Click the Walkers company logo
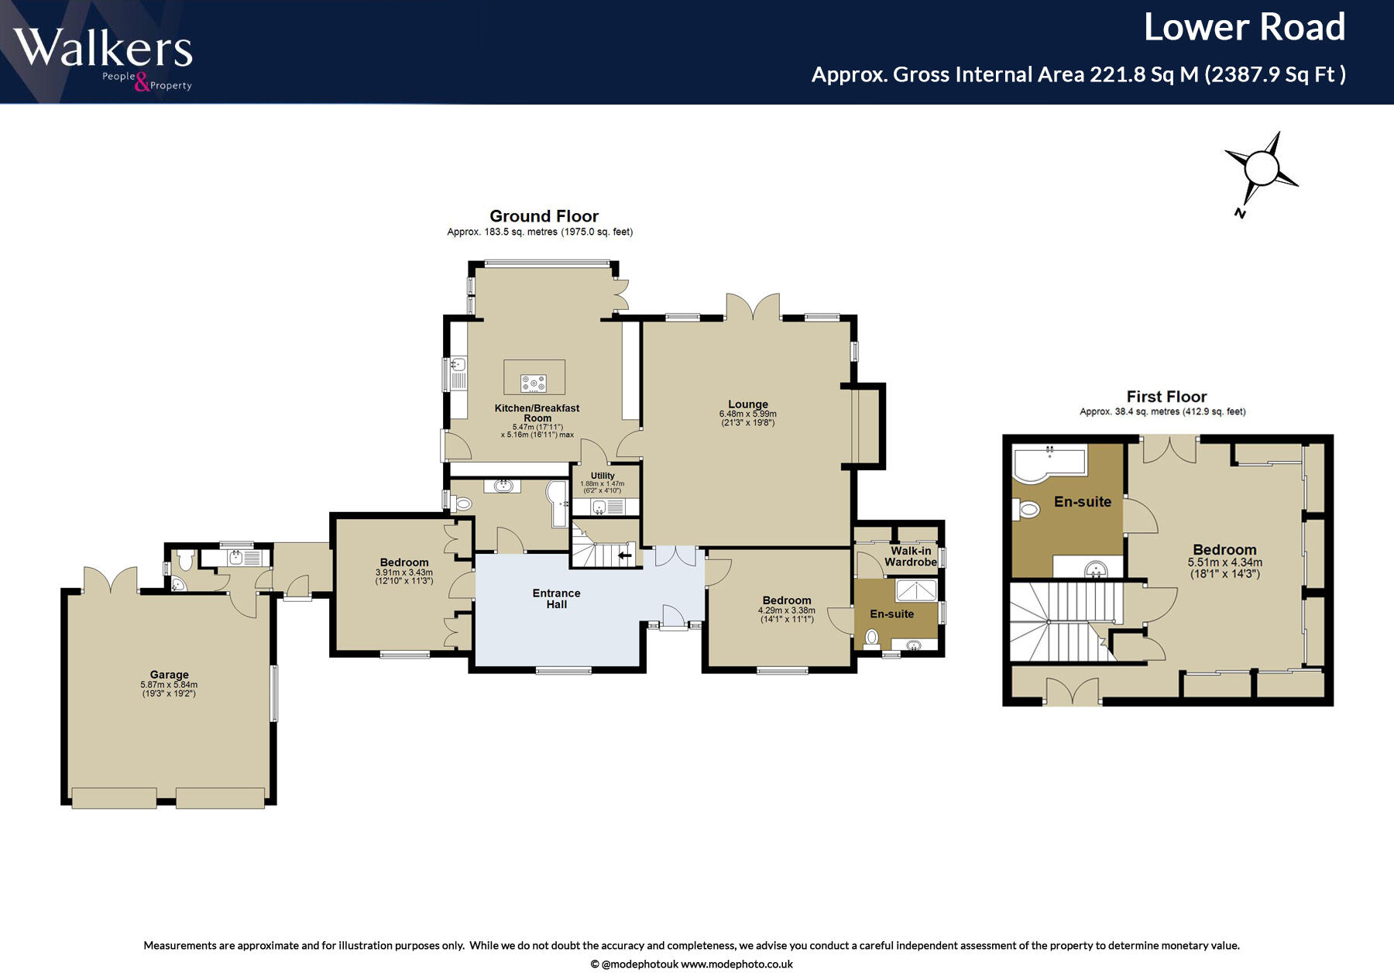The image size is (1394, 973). (103, 59)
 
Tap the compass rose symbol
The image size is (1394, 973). (1261, 169)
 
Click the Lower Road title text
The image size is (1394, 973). (1245, 27)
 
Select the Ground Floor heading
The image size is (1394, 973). (544, 216)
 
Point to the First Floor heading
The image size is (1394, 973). (1166, 397)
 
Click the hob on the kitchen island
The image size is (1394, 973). (534, 382)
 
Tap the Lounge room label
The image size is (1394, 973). (748, 404)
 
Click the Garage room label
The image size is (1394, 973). (169, 675)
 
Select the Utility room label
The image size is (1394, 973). (603, 476)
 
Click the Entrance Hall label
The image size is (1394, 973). (556, 599)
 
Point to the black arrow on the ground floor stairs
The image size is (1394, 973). (625, 555)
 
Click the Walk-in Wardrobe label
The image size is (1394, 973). (911, 556)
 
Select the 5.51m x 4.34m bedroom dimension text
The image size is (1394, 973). (1225, 562)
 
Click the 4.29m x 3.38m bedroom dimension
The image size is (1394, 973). (787, 610)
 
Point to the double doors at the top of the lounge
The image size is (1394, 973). (753, 307)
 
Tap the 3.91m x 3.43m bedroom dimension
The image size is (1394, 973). (404, 572)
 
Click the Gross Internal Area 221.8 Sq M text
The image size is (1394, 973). (1004, 74)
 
